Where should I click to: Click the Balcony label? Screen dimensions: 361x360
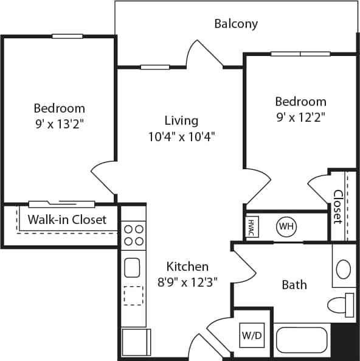pos(236,24)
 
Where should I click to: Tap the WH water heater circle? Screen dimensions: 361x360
pos(286,227)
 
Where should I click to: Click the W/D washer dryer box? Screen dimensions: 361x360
pos(250,335)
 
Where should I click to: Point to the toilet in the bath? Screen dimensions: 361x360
pos(341,304)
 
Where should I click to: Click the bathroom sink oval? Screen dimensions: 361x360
pos(344,268)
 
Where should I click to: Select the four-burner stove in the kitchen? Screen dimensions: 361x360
pos(134,235)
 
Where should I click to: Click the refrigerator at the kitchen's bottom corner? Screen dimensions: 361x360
pos(136,342)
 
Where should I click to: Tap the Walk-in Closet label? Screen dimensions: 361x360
pos(67,219)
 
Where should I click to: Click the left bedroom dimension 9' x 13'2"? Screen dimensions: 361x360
pos(59,125)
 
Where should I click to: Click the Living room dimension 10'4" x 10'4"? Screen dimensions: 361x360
pos(181,136)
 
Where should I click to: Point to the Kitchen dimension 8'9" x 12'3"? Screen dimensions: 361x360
pos(188,282)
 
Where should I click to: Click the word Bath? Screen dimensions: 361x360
pos(294,284)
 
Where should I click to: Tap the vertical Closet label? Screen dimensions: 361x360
pos(337,206)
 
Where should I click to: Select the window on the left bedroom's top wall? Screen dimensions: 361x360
pos(67,37)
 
